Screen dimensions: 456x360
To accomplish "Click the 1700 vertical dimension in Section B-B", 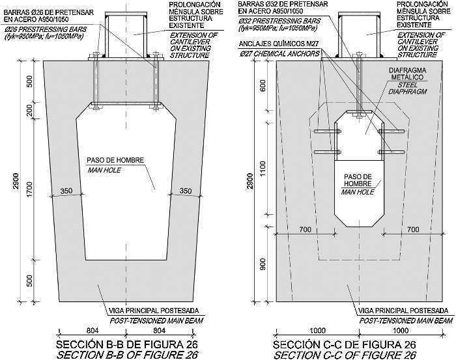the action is click(x=29, y=189).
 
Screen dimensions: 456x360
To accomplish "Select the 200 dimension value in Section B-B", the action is click(x=29, y=110).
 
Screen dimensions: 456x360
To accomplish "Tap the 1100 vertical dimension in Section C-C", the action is click(x=263, y=169).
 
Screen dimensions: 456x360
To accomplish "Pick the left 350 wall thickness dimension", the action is click(x=66, y=191).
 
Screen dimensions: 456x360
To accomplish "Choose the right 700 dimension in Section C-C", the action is click(x=413, y=230).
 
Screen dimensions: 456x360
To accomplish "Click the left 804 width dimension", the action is click(x=93, y=330).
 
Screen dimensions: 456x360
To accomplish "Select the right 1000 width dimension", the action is click(x=401, y=330).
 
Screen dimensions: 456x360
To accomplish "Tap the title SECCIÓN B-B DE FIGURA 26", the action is click(x=127, y=344).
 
